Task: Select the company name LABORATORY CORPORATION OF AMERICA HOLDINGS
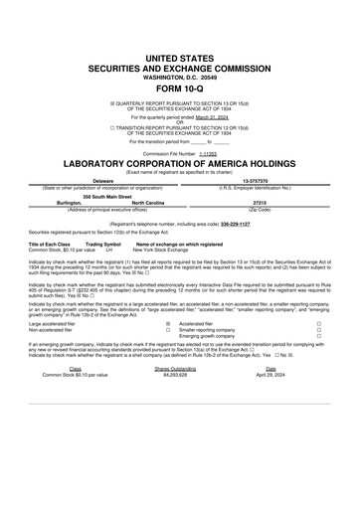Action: coord(179,163)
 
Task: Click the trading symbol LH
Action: coord(108,250)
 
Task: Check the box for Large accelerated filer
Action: coord(167,323)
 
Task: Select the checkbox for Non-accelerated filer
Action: coord(167,330)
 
